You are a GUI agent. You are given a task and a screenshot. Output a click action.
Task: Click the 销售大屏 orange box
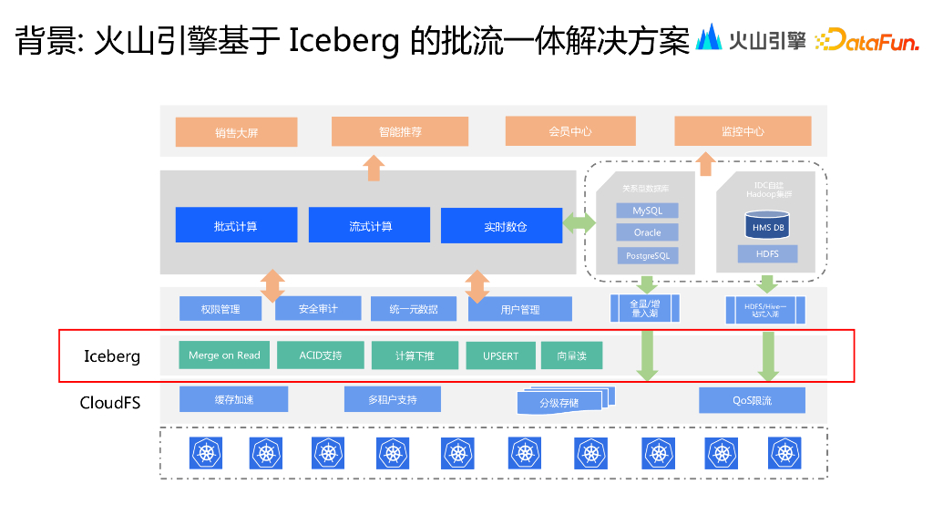(x=237, y=132)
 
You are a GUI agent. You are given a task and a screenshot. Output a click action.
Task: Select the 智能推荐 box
(x=400, y=131)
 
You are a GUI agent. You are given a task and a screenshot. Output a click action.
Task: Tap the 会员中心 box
(x=570, y=131)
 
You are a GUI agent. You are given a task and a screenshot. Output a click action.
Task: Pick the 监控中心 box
(x=743, y=131)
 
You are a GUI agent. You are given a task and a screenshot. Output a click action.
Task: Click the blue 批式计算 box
(x=236, y=225)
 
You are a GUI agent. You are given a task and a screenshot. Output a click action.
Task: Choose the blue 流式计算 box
(x=369, y=225)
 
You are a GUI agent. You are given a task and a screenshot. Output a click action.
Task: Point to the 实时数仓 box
(x=501, y=226)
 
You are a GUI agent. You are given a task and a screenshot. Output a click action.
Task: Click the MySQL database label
(x=647, y=211)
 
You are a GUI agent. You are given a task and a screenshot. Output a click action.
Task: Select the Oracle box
(x=647, y=232)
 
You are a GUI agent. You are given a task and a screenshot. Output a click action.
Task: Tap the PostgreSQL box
(x=647, y=256)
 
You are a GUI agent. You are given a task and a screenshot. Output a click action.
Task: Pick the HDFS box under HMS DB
(x=767, y=254)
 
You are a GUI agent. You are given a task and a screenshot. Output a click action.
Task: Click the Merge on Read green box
(x=224, y=355)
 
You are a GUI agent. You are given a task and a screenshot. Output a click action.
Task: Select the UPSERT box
(x=500, y=355)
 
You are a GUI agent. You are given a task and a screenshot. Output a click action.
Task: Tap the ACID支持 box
(x=320, y=355)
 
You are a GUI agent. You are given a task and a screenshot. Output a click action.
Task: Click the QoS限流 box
(x=752, y=400)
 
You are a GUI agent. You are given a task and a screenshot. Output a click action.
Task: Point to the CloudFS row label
(x=110, y=401)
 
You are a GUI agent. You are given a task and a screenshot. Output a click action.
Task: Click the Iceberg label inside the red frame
(x=112, y=356)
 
